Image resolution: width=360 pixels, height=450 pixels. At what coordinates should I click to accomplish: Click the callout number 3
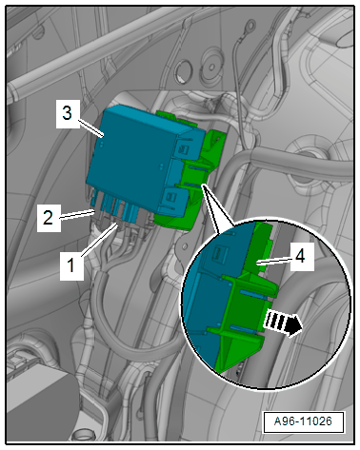pyautogui.click(x=68, y=113)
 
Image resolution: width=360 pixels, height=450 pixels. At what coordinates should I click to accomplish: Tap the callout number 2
pyautogui.click(x=48, y=218)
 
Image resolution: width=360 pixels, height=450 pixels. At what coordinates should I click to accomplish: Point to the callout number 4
pyautogui.click(x=300, y=255)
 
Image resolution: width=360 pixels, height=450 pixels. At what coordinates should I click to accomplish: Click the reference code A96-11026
pyautogui.click(x=303, y=421)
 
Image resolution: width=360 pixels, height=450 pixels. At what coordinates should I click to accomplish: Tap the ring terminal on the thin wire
pyautogui.click(x=250, y=25)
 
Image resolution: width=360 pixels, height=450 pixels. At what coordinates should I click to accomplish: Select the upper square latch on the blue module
pyautogui.click(x=184, y=148)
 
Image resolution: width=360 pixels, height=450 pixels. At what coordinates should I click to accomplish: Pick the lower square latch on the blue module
pyautogui.click(x=170, y=197)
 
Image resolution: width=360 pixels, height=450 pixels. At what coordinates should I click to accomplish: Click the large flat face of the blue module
pyautogui.click(x=130, y=160)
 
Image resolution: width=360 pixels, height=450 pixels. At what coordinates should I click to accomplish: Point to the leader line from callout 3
pyautogui.click(x=91, y=128)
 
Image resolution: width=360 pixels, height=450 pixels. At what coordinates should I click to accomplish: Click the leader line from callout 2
pyautogui.click(x=77, y=215)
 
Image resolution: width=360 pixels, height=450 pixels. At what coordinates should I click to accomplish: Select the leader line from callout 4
pyautogui.click(x=275, y=260)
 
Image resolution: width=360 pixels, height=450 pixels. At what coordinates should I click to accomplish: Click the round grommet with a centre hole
pyautogui.click(x=211, y=65)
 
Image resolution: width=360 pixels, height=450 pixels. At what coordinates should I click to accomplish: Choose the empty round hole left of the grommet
pyautogui.click(x=184, y=71)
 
